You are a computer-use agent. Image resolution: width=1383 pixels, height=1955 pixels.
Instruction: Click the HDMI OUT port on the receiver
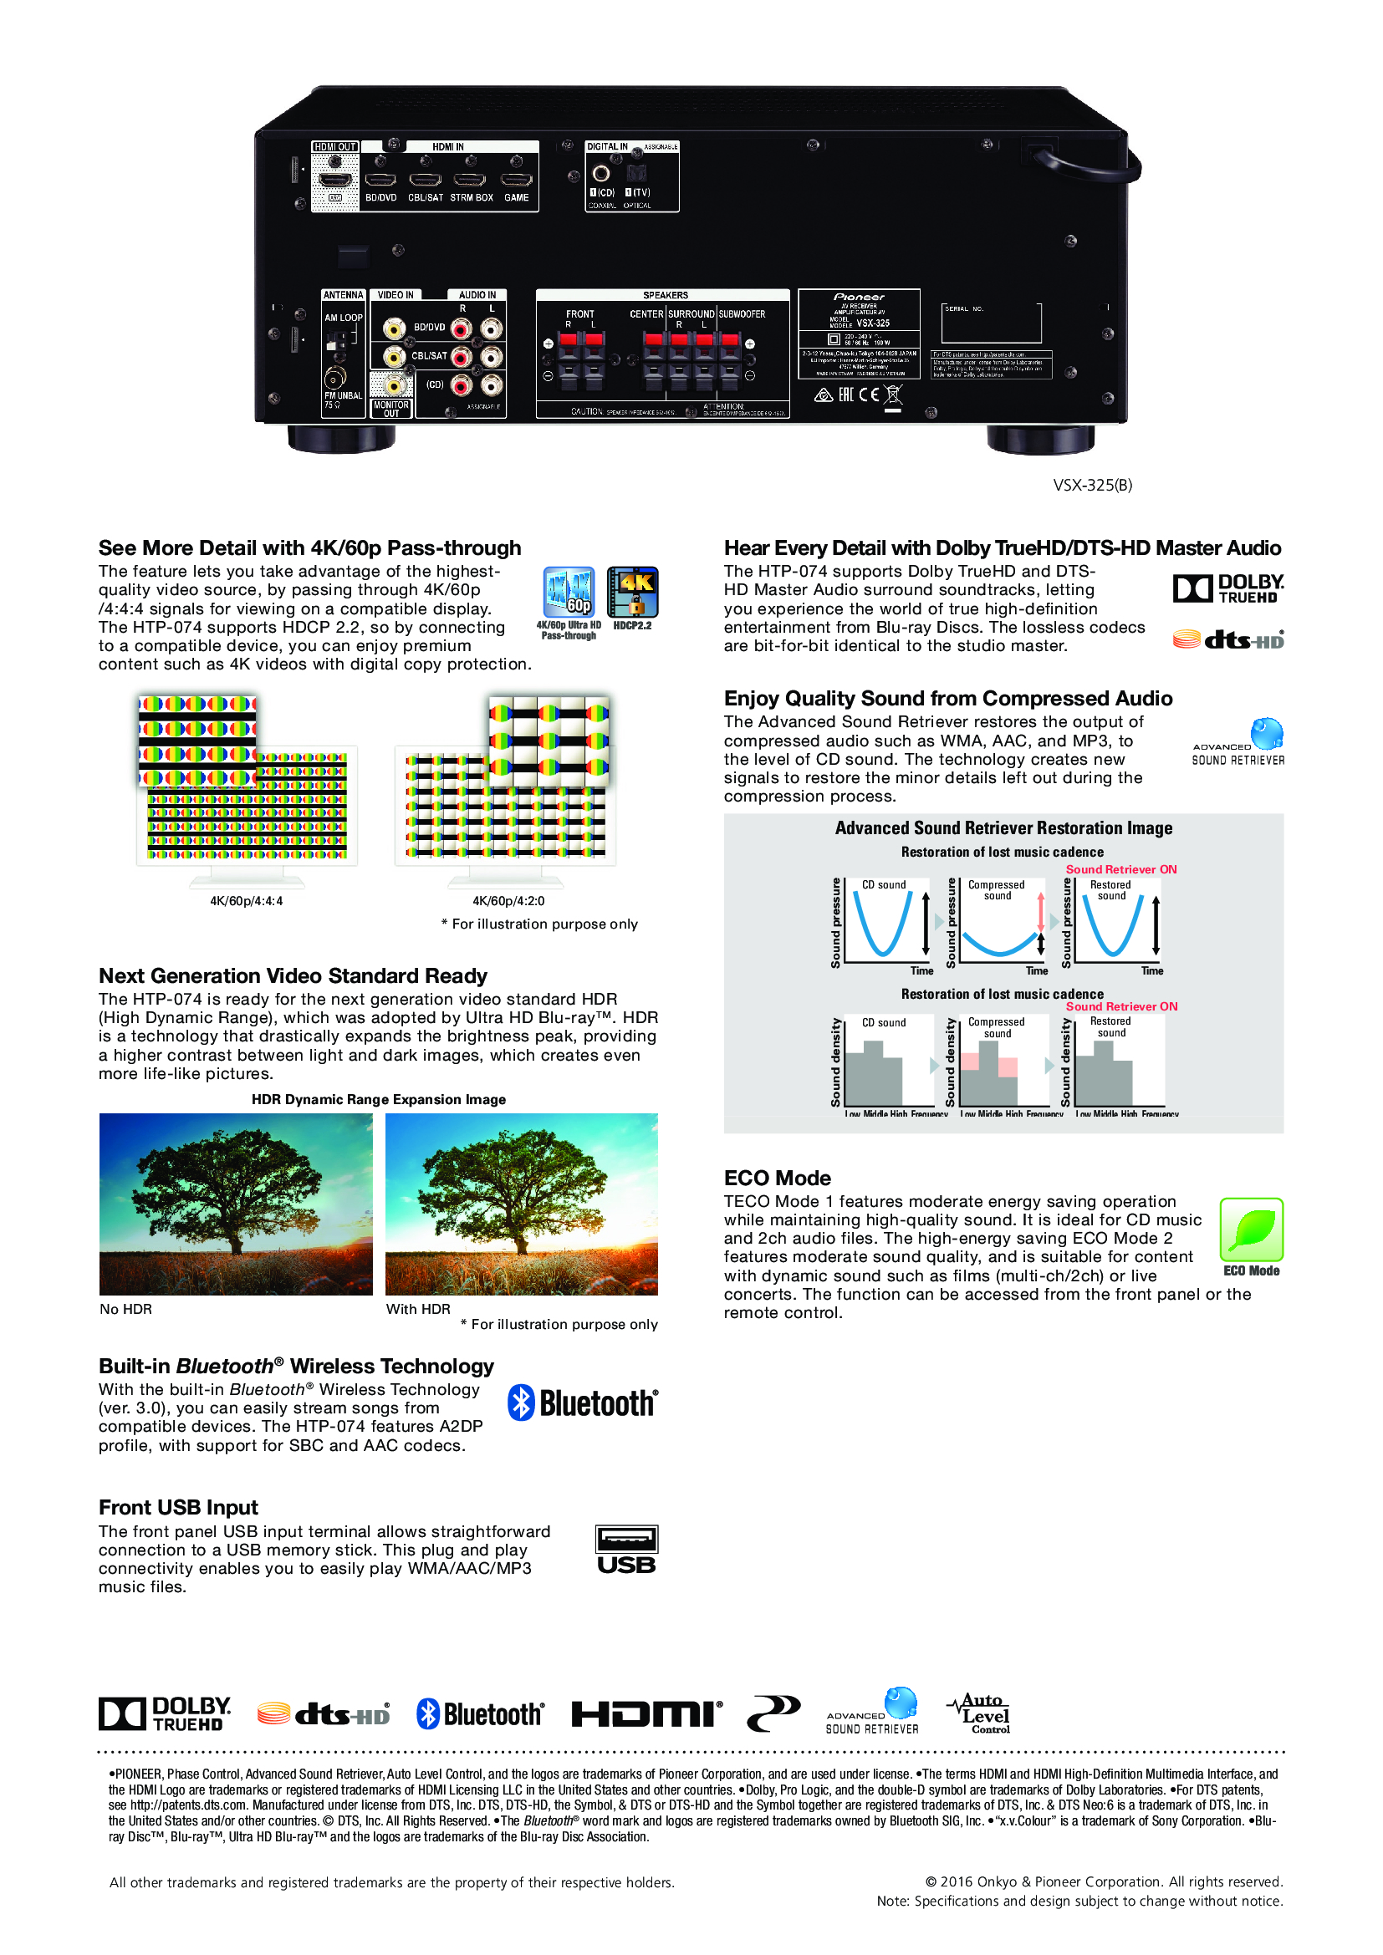(334, 181)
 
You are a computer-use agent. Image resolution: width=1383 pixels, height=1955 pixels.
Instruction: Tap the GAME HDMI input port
(516, 180)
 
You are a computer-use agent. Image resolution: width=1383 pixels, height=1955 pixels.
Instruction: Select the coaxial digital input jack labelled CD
(601, 174)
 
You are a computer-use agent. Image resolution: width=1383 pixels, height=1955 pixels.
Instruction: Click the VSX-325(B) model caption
(1093, 486)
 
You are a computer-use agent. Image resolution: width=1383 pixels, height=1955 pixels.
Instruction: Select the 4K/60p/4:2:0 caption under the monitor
(508, 901)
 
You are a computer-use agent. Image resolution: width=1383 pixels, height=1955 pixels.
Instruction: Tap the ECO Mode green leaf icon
(1251, 1230)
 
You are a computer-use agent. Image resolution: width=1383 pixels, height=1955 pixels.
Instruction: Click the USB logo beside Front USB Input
(626, 1550)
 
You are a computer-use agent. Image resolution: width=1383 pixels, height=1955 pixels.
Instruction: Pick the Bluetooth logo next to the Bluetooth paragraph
(583, 1403)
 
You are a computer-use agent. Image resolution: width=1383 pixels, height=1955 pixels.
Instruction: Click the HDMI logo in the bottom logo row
(646, 1714)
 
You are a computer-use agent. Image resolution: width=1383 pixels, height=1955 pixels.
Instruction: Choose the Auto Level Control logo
(979, 1713)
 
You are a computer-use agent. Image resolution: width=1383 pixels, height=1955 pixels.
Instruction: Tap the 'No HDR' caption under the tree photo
(126, 1309)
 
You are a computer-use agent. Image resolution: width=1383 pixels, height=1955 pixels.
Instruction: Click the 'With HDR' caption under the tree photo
(418, 1309)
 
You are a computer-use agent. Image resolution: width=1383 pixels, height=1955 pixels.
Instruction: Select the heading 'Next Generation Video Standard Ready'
(293, 975)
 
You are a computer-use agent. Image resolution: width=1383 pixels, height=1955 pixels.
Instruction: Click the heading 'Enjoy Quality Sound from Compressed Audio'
(948, 698)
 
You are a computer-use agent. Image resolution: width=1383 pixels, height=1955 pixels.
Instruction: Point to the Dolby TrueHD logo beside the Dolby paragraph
(1228, 588)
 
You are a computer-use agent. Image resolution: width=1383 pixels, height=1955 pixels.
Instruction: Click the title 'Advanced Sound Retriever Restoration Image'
(1003, 827)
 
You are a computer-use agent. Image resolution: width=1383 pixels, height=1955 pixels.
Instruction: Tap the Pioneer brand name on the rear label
(859, 298)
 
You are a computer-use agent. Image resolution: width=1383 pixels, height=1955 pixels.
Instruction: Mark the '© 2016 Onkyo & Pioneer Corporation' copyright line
(1104, 1881)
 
